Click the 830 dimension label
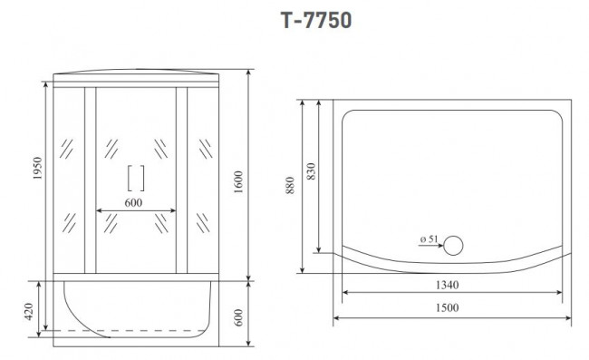311,172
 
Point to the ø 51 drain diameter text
429,239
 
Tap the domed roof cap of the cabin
136,76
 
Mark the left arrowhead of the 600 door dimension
98,212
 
